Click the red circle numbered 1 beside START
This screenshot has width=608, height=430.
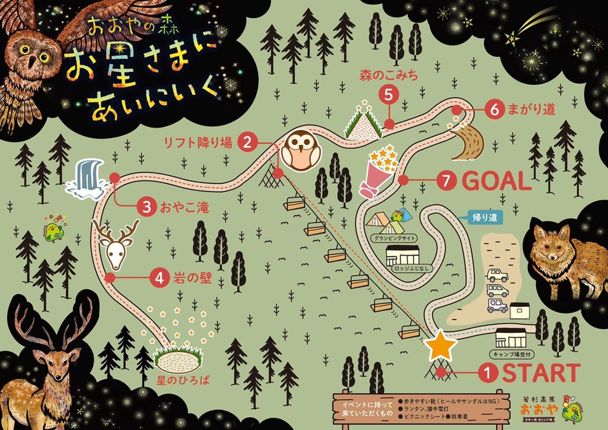point(488,373)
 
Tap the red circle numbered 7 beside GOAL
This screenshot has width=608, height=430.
point(446,181)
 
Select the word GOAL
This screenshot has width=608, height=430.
point(497,181)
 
